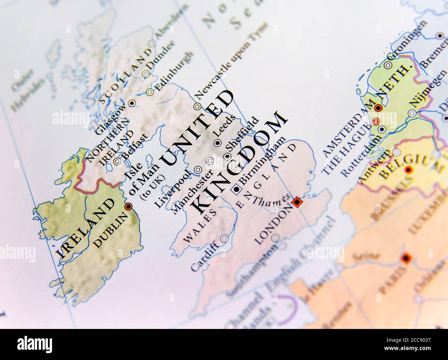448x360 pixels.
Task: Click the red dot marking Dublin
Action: (x=129, y=206)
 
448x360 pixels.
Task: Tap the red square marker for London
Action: (x=297, y=202)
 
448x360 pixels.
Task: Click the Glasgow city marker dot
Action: (x=132, y=103)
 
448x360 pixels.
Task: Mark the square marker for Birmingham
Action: (x=237, y=189)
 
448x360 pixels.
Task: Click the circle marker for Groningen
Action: (x=388, y=65)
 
